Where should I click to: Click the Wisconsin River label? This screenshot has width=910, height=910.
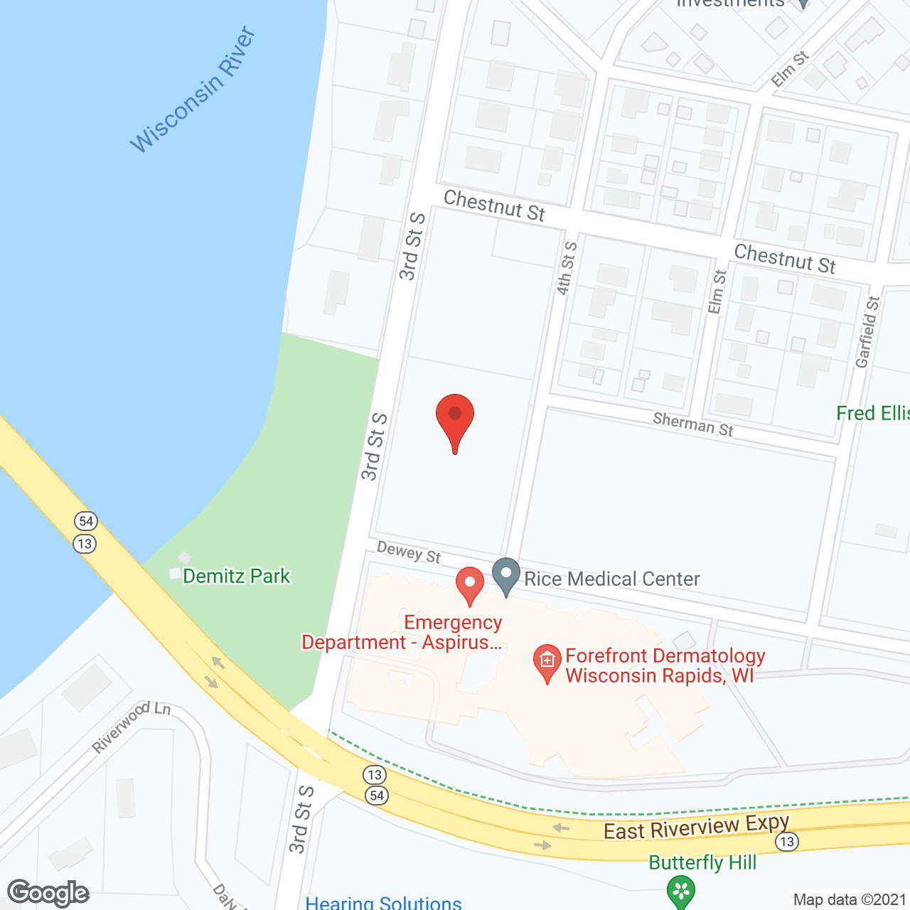coord(193,90)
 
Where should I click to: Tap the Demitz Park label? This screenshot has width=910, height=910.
coord(236,576)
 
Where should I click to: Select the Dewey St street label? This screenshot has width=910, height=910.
coord(409,552)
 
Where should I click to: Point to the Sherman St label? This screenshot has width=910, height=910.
coord(693,424)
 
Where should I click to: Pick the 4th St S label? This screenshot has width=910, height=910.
coord(567,268)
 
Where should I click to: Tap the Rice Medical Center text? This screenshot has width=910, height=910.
coord(611,579)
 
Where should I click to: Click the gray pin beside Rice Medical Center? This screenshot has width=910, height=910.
coord(506,575)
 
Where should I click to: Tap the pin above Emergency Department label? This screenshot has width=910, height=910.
coord(469,584)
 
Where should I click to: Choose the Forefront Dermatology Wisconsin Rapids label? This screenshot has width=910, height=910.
coord(665,665)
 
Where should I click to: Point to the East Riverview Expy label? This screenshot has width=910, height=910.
coord(696,828)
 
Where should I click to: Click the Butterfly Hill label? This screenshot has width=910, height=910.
coord(702,862)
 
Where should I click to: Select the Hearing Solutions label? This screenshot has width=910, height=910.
coord(383,903)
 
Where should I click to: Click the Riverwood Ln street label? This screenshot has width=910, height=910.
coord(132,727)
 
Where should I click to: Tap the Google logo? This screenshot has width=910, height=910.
coord(48,893)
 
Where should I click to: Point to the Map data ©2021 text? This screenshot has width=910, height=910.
coord(850,899)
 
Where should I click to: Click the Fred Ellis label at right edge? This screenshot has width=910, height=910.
coord(873,413)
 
